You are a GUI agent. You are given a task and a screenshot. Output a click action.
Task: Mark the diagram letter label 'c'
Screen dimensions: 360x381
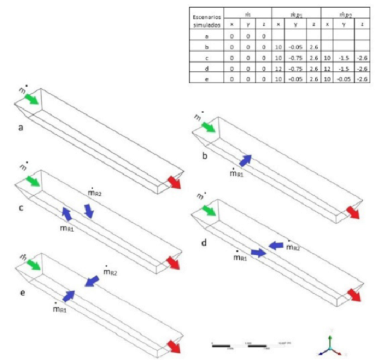click(21, 207)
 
